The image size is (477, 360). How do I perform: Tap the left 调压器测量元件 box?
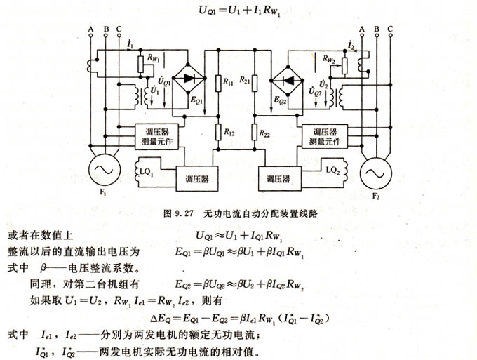161,137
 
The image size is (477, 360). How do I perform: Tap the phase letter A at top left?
90,28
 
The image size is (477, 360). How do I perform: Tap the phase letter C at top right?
391,28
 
